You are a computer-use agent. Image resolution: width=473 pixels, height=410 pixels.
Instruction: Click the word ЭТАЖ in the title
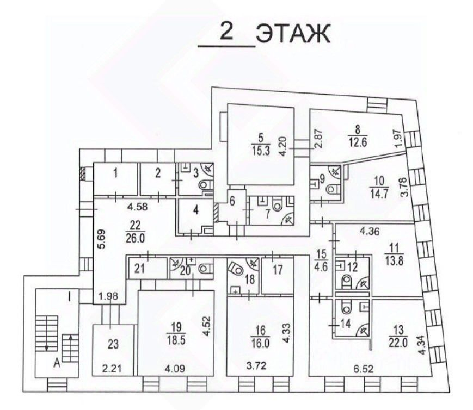[293, 34]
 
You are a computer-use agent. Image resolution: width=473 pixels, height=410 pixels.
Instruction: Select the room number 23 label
[113, 344]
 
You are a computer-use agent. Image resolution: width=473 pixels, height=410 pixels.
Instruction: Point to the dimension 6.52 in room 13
[364, 369]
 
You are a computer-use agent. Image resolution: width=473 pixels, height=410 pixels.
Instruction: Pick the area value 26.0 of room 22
[136, 238]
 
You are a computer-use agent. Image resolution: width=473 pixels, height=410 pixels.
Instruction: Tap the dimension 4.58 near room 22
[137, 207]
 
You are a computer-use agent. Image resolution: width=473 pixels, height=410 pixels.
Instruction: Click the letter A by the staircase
[57, 364]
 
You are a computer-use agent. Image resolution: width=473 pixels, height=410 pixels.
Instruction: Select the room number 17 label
[278, 270]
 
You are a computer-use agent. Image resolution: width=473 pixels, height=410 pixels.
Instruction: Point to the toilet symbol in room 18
[236, 268]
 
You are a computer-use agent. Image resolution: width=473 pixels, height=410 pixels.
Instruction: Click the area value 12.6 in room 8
[358, 142]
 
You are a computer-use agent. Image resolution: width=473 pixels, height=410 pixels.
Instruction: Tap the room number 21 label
[139, 268]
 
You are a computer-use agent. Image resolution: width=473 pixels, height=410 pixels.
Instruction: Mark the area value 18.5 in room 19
[176, 340]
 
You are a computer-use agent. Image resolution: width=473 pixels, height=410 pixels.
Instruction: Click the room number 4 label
[196, 210]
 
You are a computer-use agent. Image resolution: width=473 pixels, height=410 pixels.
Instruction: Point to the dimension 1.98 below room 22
[109, 296]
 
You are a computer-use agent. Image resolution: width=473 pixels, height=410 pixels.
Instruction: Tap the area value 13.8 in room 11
[394, 260]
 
